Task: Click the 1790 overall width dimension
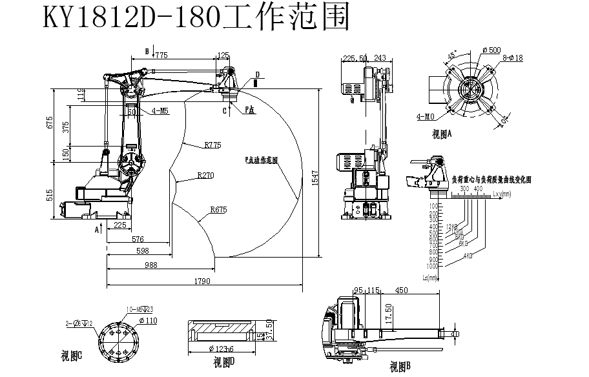tap(202, 281)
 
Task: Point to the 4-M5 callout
tap(160, 111)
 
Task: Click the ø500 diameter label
tap(491, 50)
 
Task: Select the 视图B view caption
tap(400, 367)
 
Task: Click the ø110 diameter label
tap(148, 320)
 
